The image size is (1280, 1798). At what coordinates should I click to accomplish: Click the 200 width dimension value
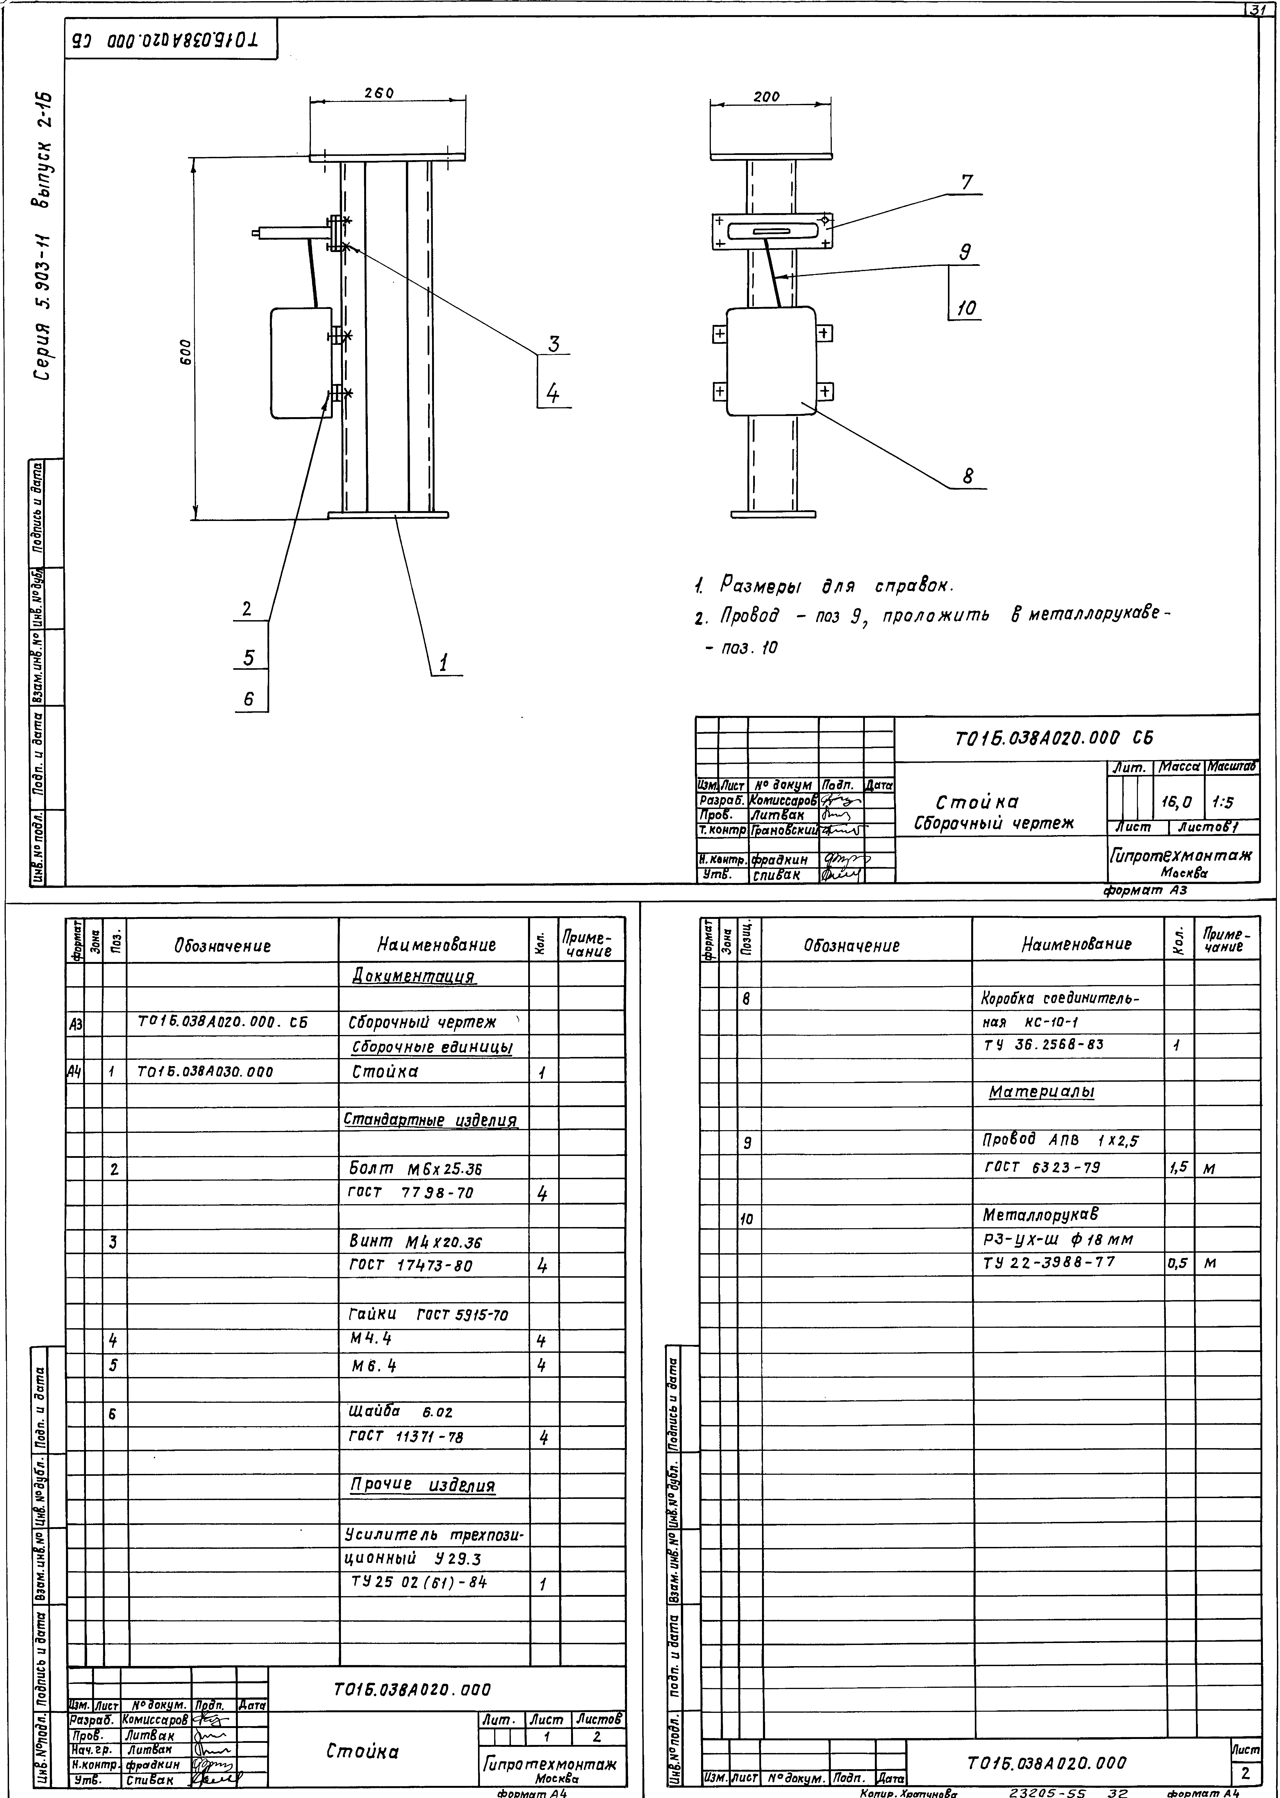tap(766, 97)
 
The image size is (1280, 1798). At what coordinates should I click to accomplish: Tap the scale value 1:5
tap(1223, 803)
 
